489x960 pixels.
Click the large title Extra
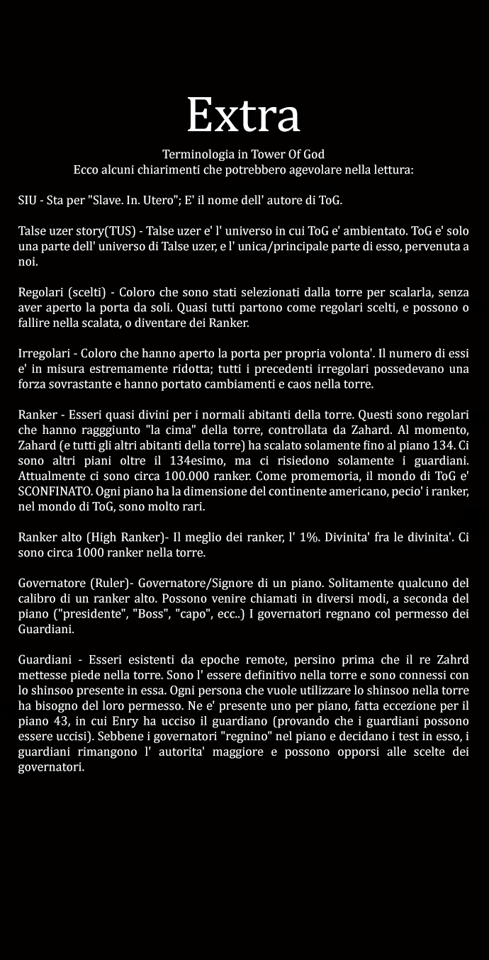(244, 114)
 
